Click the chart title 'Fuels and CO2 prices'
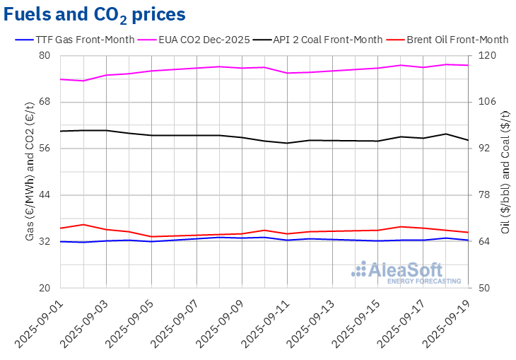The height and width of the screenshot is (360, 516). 95,14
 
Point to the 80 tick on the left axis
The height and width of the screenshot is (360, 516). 45,56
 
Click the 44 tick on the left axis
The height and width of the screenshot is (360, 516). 45,195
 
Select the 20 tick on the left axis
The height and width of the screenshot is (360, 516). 45,288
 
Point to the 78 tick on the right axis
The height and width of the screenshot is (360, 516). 486,195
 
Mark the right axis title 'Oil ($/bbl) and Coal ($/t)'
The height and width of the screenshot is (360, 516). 505,172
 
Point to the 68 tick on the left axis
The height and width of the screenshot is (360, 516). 45,102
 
